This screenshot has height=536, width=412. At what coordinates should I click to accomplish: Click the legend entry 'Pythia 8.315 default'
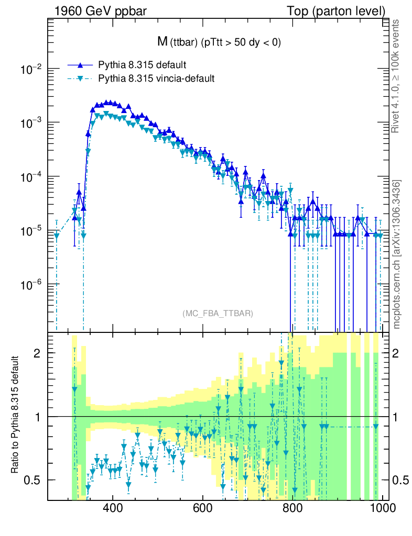142,65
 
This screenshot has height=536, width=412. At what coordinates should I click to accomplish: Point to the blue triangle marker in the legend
80,65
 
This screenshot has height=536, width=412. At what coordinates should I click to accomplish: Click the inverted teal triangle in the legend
80,79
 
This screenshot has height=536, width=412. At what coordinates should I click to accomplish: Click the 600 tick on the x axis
202,509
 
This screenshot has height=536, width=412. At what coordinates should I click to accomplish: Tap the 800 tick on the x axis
291,509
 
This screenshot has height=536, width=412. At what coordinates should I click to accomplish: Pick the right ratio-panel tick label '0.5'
400,480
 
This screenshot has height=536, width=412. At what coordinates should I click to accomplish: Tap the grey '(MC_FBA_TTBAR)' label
218,314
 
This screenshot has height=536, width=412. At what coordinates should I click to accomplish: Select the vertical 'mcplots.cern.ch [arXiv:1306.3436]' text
397,254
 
